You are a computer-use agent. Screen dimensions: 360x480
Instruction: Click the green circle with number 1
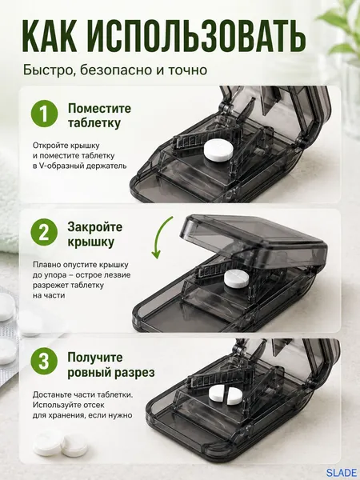[x=44, y=114]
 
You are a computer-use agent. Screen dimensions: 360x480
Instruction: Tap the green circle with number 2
[x=44, y=232]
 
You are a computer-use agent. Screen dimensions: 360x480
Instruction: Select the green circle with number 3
[x=44, y=362]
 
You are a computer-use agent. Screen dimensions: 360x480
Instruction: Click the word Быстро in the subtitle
[x=49, y=70]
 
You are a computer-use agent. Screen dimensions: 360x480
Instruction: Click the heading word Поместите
[x=99, y=108]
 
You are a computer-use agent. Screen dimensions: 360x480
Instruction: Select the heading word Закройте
[x=95, y=227]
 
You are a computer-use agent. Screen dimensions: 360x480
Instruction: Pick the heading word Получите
[x=95, y=358]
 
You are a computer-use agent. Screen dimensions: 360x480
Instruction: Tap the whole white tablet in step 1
[x=218, y=150]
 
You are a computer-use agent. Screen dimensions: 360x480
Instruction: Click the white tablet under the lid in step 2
[x=237, y=278]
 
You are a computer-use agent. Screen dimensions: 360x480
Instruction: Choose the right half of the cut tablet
[x=234, y=395]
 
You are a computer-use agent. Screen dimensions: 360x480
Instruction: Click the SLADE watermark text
[x=341, y=473]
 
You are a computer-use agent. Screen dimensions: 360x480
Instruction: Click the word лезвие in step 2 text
[x=118, y=275]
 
